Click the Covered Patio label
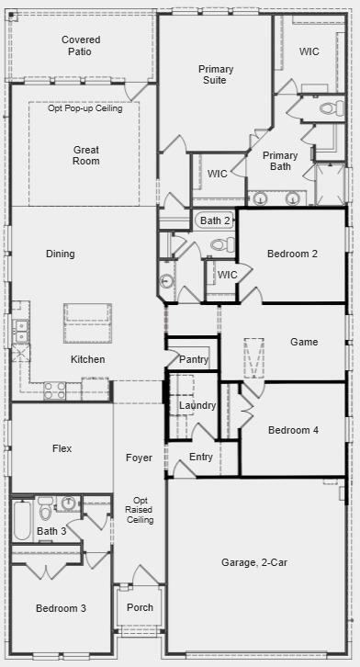[81, 46]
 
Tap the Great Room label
[86, 155]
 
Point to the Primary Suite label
[216, 74]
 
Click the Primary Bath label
[279, 162]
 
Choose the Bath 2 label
[215, 220]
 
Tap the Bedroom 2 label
[292, 254]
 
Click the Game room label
[304, 342]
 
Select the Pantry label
[194, 359]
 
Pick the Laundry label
[197, 405]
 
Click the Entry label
[201, 457]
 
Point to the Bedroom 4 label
[293, 430]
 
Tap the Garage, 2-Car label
[254, 562]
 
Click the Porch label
[140, 607]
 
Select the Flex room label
[62, 448]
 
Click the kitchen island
[87, 322]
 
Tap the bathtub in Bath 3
[21, 519]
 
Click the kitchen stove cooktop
[55, 390]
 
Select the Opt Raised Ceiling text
[140, 510]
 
